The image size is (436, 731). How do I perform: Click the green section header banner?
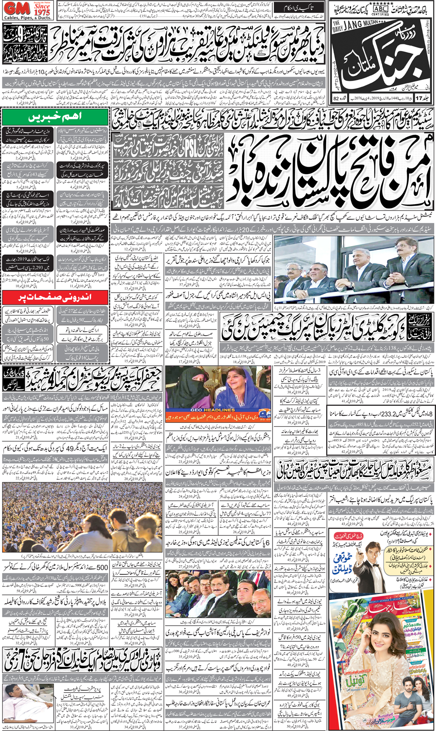click(55, 117)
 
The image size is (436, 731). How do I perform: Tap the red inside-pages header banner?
click(55, 298)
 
